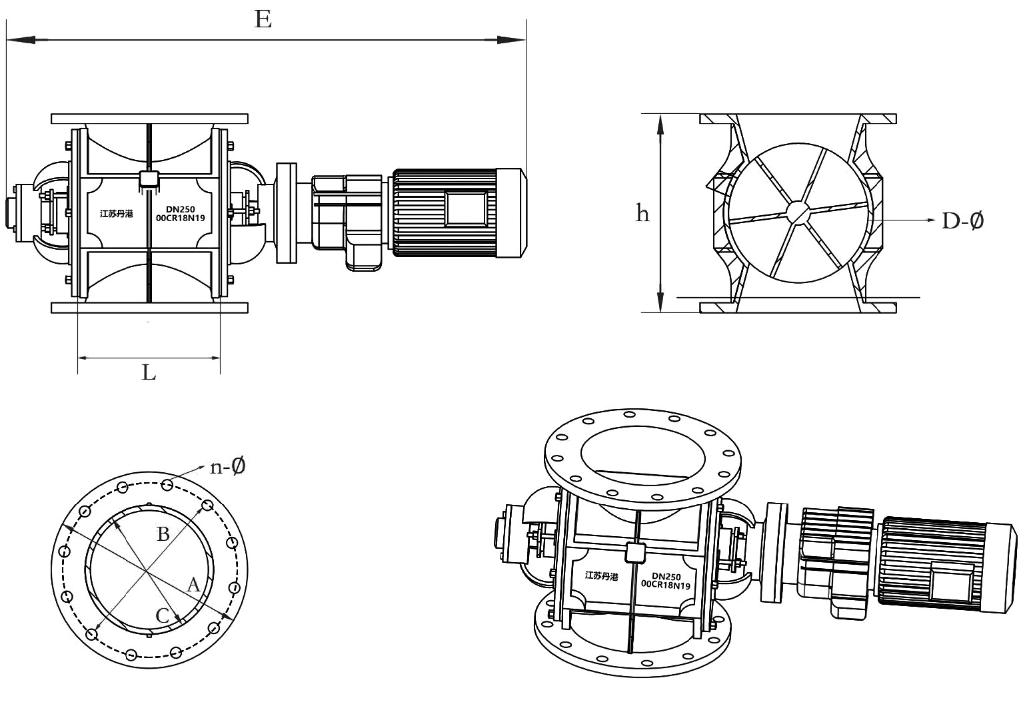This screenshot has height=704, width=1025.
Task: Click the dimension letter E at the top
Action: [x=263, y=21]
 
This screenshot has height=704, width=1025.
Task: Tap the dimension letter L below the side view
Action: [x=149, y=372]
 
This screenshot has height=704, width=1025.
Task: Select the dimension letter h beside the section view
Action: [x=642, y=214]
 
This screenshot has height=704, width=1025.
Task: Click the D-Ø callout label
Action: [x=962, y=220]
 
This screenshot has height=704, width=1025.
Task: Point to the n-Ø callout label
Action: [x=228, y=467]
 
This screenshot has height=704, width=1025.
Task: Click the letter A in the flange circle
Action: [x=193, y=585]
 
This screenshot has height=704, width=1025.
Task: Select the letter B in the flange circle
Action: [x=163, y=533]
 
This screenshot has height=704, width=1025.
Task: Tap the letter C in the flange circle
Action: [x=163, y=616]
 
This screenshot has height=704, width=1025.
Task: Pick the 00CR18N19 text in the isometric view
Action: [x=664, y=584]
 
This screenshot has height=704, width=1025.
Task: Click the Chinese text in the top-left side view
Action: [x=116, y=214]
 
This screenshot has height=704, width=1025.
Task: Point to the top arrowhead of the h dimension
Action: [x=660, y=124]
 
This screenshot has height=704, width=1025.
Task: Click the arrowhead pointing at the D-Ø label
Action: [x=928, y=220]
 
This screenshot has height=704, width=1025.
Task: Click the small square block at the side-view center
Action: [x=148, y=179]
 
